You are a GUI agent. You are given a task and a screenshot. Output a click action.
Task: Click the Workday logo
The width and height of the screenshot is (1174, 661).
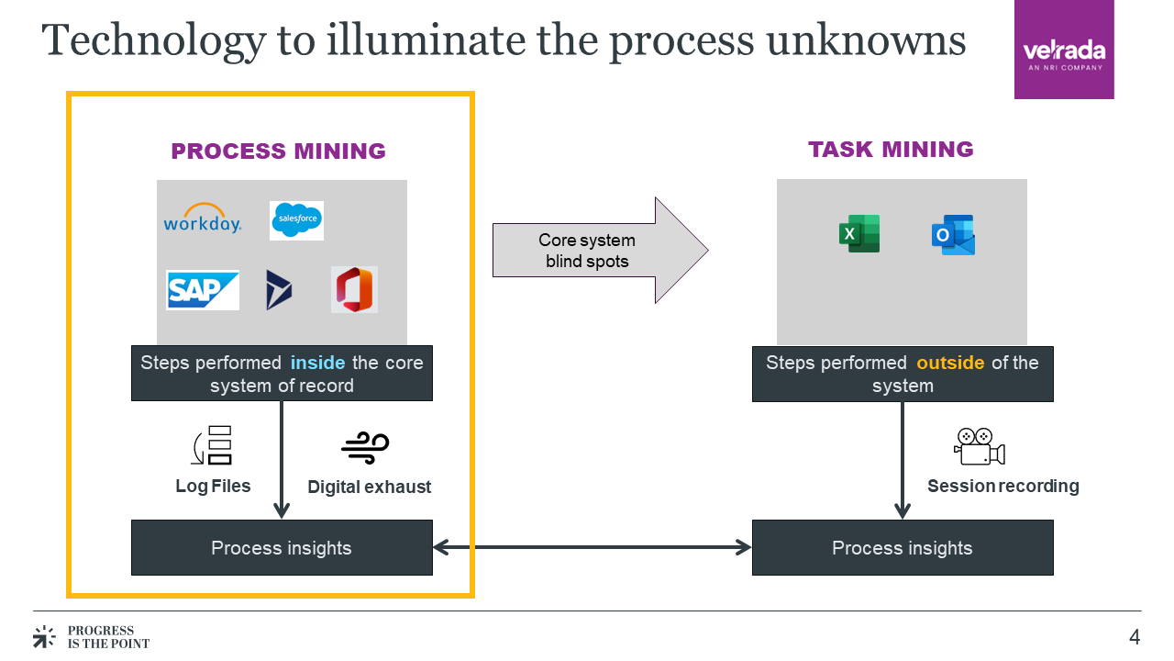[x=203, y=219]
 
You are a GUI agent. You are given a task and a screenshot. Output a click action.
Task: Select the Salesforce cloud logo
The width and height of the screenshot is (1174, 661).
[x=296, y=220]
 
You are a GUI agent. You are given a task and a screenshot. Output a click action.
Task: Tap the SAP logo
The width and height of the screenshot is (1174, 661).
[x=203, y=290]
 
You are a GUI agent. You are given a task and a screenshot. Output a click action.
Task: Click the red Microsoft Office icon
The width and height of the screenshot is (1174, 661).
[x=355, y=290]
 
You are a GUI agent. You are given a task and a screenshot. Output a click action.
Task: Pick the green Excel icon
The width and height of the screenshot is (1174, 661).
[x=859, y=234]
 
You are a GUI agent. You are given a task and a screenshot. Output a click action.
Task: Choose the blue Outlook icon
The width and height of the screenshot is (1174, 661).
[x=953, y=235]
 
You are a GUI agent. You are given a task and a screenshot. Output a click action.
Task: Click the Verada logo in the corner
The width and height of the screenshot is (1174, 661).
[x=1064, y=50]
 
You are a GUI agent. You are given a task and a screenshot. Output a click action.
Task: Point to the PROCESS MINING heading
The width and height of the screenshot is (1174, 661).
[x=279, y=151]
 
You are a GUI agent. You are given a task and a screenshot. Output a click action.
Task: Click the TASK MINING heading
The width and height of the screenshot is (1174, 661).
[x=891, y=150]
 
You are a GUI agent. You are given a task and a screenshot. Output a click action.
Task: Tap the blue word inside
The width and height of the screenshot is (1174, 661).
[x=317, y=363]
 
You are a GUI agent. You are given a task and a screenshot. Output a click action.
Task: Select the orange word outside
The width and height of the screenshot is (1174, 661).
[x=950, y=363]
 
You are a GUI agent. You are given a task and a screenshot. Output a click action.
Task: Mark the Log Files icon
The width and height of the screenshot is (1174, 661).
[x=214, y=446]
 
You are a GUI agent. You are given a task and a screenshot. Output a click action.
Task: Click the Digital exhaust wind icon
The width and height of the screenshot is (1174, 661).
[x=365, y=446]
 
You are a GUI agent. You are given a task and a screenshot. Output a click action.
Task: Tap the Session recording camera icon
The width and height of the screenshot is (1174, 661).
[x=980, y=446]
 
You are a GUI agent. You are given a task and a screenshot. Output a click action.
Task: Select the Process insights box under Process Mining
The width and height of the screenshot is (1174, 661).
[x=282, y=548]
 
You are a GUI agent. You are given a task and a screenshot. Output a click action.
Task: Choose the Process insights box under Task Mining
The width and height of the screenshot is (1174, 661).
[x=903, y=548]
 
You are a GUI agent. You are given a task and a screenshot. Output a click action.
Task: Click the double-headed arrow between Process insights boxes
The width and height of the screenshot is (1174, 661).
[x=592, y=548]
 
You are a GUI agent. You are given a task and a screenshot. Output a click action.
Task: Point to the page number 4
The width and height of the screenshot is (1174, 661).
[x=1135, y=637]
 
